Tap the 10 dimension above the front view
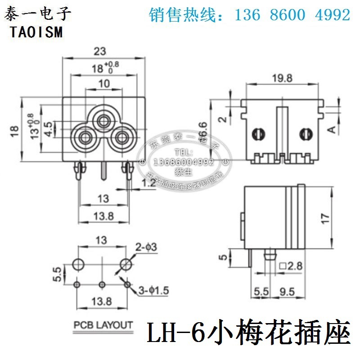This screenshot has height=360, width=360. pos(104,83)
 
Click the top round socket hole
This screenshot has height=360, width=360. pos(104,120)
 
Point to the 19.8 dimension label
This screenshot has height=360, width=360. pos(282,77)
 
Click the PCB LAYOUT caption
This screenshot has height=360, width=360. pos(104,325)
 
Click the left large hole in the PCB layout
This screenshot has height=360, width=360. pos(78,264)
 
